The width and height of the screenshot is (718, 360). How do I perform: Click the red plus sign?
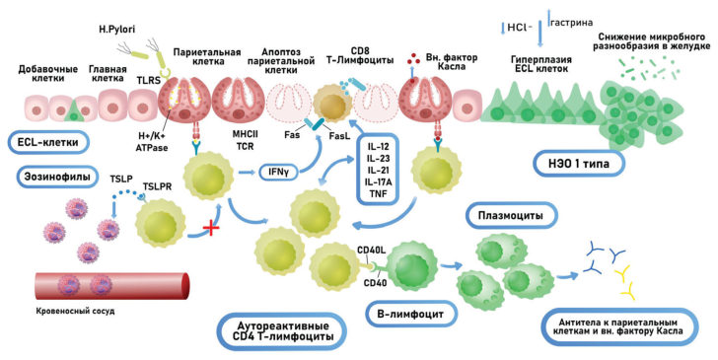coord(211,228)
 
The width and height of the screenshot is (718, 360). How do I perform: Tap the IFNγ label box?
coord(278,173)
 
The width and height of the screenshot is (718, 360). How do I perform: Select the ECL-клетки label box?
coord(47,142)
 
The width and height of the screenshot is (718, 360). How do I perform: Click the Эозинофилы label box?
coord(57,177)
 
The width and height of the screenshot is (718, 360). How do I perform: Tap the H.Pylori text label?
coord(116,31)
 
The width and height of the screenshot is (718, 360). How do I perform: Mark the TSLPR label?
coord(157,186)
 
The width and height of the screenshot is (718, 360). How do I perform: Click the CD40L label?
coord(372,251)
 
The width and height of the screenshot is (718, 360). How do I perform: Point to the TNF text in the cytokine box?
coord(378,193)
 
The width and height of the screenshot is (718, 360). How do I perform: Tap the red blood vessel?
coord(111,286)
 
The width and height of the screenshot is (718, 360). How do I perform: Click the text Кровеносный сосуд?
coord(75,312)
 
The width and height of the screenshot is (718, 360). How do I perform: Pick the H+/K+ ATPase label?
coord(153,143)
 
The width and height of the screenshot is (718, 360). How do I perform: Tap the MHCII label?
coord(245,135)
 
